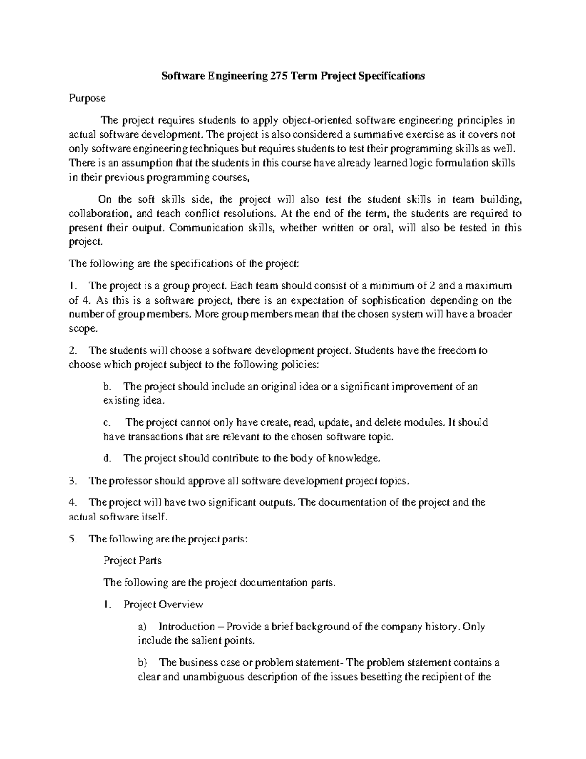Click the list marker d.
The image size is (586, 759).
(107, 458)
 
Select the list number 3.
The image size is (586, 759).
(72, 481)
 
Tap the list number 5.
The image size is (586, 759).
(72, 539)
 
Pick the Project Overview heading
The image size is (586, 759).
(163, 605)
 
